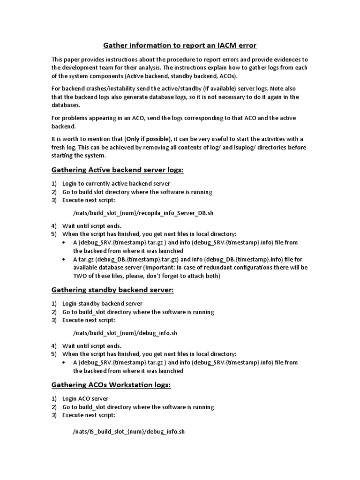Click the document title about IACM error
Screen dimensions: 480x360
[180, 45]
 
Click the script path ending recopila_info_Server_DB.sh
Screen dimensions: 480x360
[143, 213]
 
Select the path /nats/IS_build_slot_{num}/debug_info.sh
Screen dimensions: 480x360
[129, 432]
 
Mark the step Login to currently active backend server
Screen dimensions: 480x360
[116, 183]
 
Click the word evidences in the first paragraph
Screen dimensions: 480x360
[278, 59]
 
